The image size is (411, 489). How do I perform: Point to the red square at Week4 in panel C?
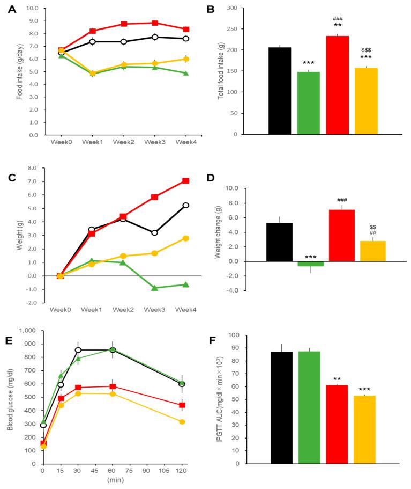(186, 181)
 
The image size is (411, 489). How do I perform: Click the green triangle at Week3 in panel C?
(154, 288)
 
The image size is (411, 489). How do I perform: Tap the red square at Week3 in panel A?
(154, 23)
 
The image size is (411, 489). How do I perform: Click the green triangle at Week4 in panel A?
(186, 73)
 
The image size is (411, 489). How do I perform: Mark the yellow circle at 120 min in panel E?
(182, 422)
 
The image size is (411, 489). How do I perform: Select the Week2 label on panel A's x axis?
(123, 142)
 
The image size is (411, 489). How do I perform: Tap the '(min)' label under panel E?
(113, 480)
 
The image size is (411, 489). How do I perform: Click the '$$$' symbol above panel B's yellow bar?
(366, 50)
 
